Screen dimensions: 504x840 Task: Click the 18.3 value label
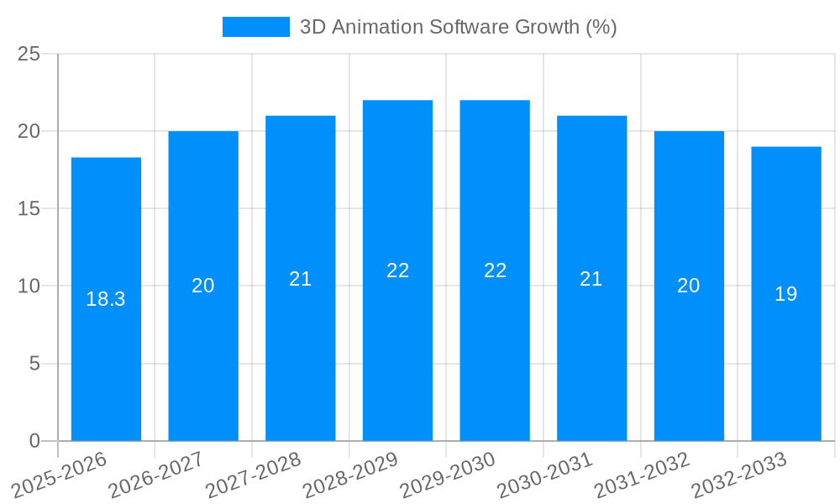click(106, 299)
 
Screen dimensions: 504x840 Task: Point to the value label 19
click(786, 294)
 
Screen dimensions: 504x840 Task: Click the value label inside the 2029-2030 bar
click(495, 270)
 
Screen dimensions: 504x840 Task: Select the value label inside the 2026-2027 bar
click(203, 286)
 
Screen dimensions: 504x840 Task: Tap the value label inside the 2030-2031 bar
click(591, 279)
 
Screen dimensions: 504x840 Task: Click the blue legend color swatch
click(255, 27)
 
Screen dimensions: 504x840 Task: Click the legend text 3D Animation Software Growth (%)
click(458, 27)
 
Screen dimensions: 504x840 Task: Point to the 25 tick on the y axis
click(29, 55)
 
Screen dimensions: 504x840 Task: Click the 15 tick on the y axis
click(29, 209)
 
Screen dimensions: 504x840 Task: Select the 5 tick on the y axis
click(34, 364)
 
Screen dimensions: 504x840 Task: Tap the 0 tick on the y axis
click(34, 441)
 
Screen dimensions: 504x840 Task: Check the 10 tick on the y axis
click(29, 286)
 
